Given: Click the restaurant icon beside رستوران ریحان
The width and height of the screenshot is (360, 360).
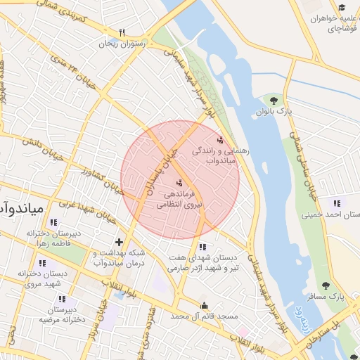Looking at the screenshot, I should tap(122, 32).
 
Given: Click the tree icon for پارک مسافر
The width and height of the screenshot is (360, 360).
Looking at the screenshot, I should tap(325, 285).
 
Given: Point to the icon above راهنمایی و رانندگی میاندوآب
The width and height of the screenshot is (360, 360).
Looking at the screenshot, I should tap(221, 139).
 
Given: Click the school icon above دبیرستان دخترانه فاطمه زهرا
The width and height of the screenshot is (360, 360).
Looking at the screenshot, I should tap(59, 221).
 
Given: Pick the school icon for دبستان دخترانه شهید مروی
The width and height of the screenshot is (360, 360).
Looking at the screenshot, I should tap(43, 264).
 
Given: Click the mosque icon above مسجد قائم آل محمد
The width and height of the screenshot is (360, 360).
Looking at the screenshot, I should tap(205, 306).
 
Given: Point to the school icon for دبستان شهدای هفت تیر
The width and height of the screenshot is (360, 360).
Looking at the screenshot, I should tap(202, 247).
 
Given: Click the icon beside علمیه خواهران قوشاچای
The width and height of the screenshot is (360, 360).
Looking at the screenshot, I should tap(342, 8).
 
